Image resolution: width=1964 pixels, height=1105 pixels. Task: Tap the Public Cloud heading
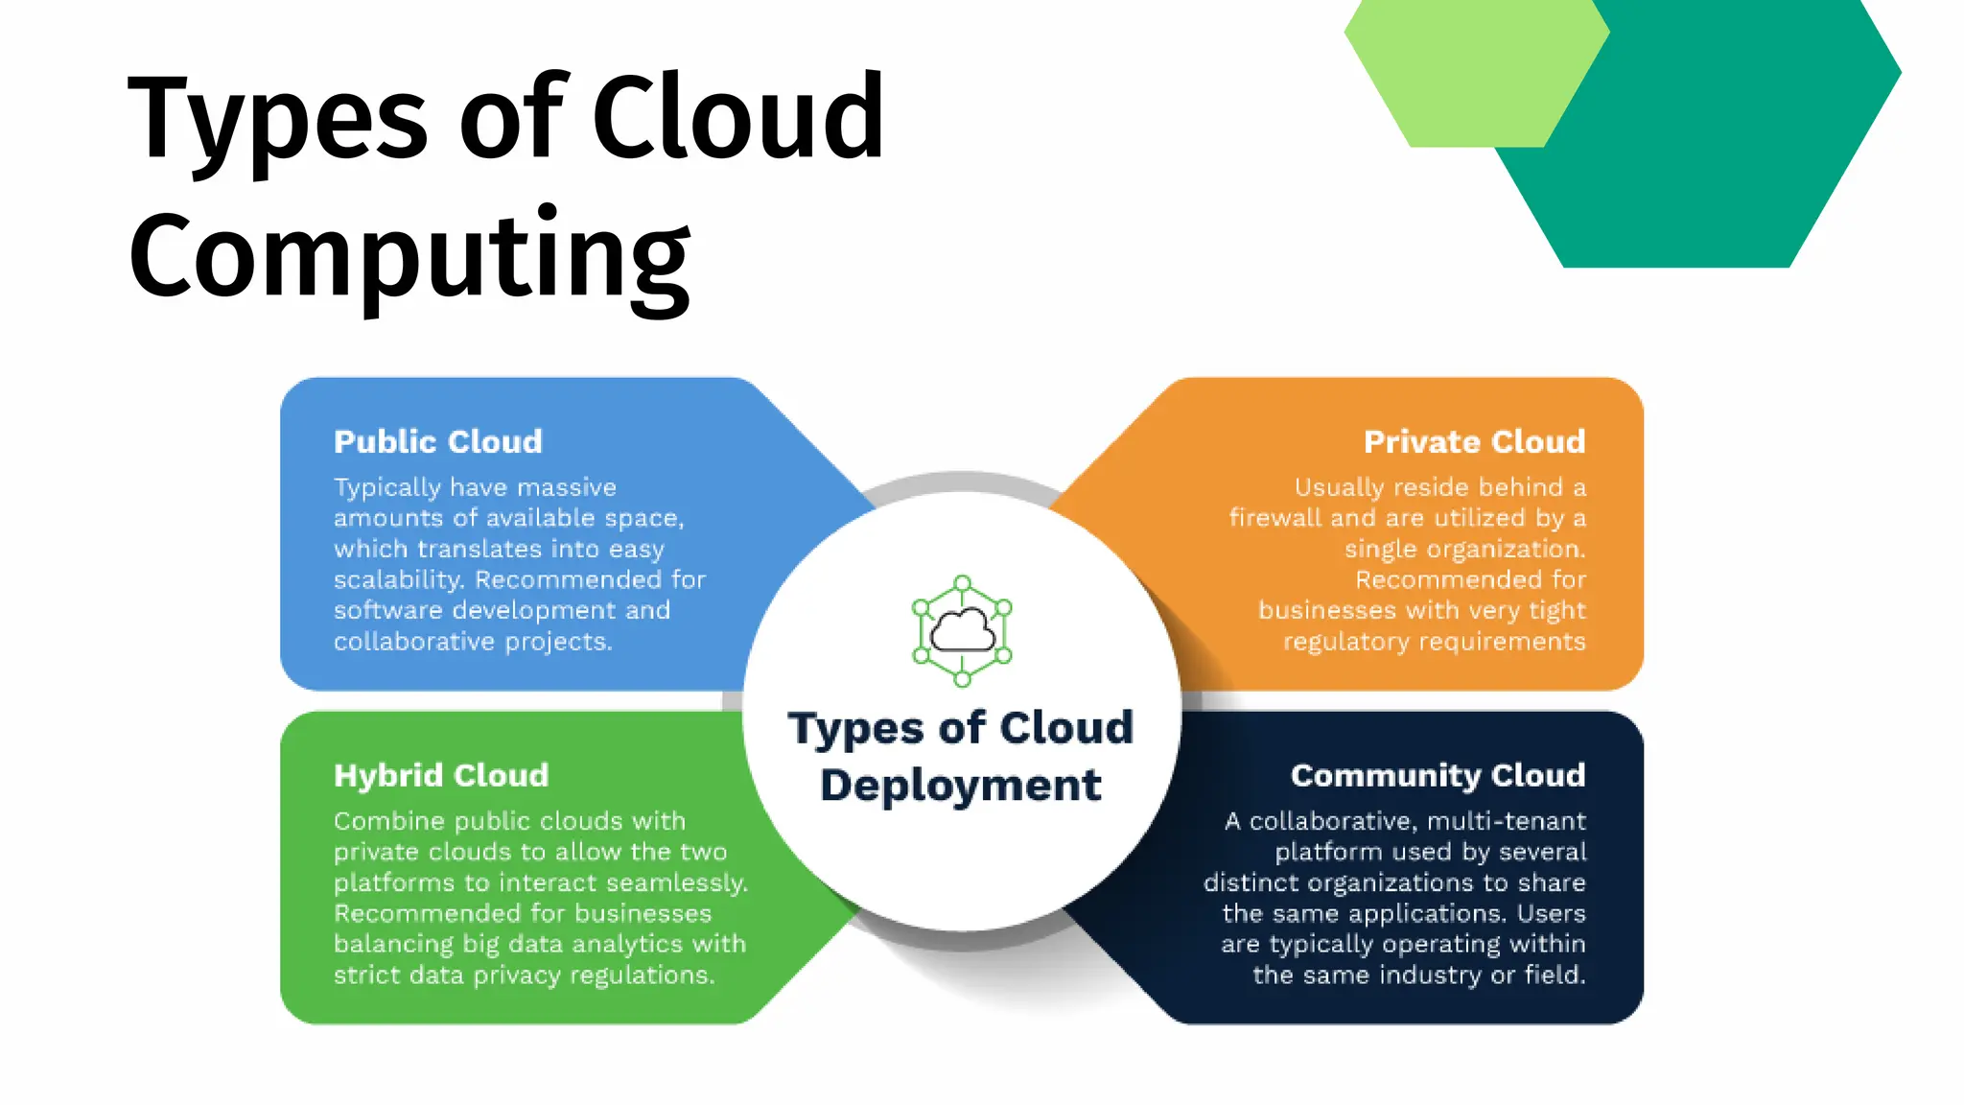tap(438, 441)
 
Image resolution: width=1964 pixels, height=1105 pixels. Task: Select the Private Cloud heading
tap(1474, 441)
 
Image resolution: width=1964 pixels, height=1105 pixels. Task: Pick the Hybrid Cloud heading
tap(441, 775)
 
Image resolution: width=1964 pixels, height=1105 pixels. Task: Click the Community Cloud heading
tap(1438, 775)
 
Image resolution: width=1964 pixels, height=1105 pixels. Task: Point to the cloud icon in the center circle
tap(963, 631)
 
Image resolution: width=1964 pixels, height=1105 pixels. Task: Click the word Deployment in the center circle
tap(961, 785)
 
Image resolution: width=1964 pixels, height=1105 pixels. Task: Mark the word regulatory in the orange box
tap(1338, 641)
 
